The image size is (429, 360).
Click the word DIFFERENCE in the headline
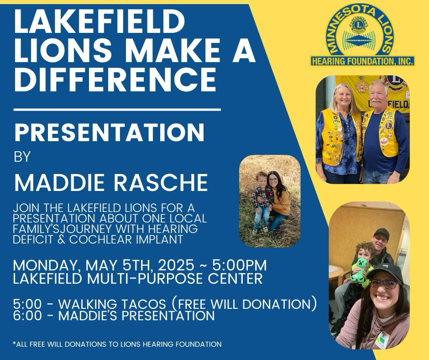click(115, 79)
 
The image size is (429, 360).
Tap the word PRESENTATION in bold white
click(110, 132)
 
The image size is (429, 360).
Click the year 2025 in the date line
click(176, 265)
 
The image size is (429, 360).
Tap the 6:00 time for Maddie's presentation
click(27, 316)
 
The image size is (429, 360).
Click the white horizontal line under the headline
click(117, 110)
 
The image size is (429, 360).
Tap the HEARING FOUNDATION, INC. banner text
click(362, 61)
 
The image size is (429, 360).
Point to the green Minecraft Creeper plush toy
click(359, 270)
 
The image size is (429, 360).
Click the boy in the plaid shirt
click(262, 201)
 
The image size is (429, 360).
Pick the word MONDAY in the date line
click(47, 265)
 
